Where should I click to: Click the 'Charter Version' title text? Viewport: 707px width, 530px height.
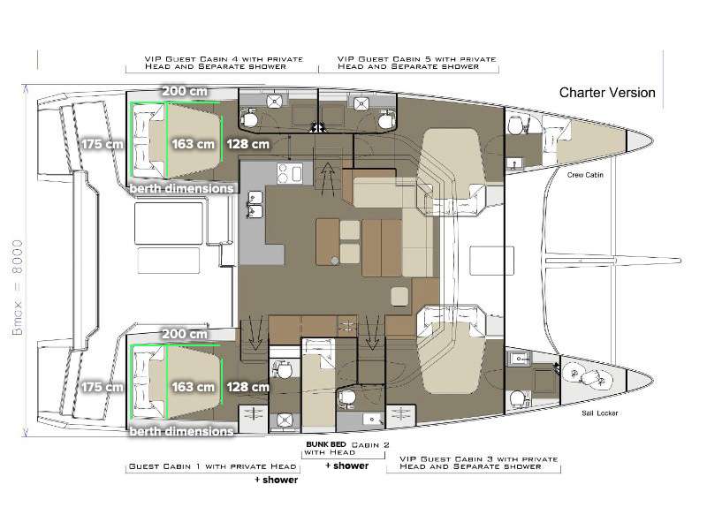click(607, 93)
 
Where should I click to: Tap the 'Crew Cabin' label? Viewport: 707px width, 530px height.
click(584, 176)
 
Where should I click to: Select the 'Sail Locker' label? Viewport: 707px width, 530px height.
click(600, 413)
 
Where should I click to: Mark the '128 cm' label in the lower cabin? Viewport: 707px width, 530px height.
click(247, 387)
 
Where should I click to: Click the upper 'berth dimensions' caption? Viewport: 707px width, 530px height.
click(181, 188)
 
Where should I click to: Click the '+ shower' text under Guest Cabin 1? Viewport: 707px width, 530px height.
click(276, 481)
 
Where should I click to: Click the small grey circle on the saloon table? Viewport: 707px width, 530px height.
click(335, 260)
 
